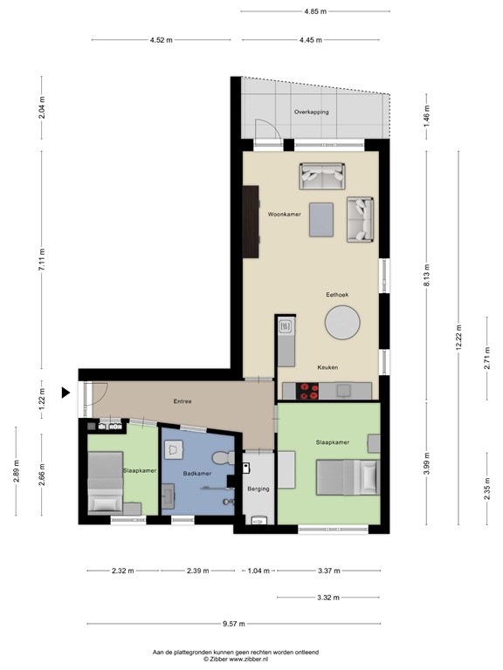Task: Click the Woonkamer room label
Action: click(x=285, y=213)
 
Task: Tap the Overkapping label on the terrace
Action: click(x=311, y=112)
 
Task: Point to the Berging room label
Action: click(x=258, y=489)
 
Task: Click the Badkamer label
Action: click(x=196, y=473)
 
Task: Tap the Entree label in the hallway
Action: click(x=182, y=401)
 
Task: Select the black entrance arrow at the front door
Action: click(x=65, y=393)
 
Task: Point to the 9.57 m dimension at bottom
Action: click(x=234, y=624)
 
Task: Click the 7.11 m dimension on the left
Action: click(x=41, y=259)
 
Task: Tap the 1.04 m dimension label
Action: click(x=258, y=571)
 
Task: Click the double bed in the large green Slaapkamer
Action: click(x=347, y=477)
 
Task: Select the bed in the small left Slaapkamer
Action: click(x=106, y=496)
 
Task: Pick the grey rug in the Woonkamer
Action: click(x=321, y=218)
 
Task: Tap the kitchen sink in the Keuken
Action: click(x=286, y=328)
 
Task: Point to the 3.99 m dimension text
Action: click(x=426, y=462)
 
